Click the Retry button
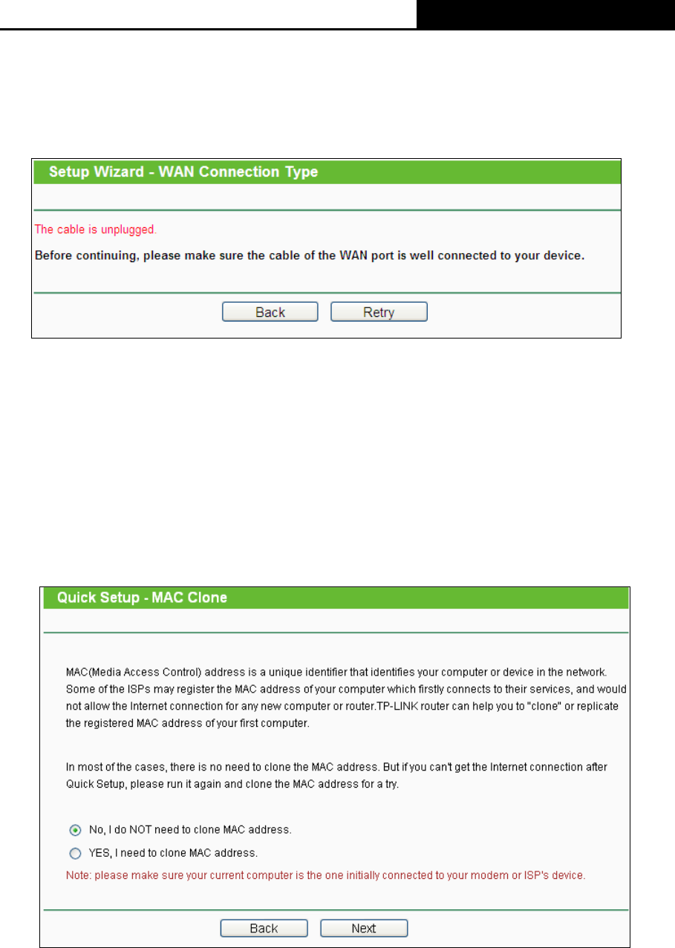(379, 313)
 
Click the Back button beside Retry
(270, 313)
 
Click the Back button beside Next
(264, 928)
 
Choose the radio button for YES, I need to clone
(75, 853)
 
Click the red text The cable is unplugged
(96, 229)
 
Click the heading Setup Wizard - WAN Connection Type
(183, 172)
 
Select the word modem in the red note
(481, 875)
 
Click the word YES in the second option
(100, 853)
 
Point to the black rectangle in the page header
(545, 14)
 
